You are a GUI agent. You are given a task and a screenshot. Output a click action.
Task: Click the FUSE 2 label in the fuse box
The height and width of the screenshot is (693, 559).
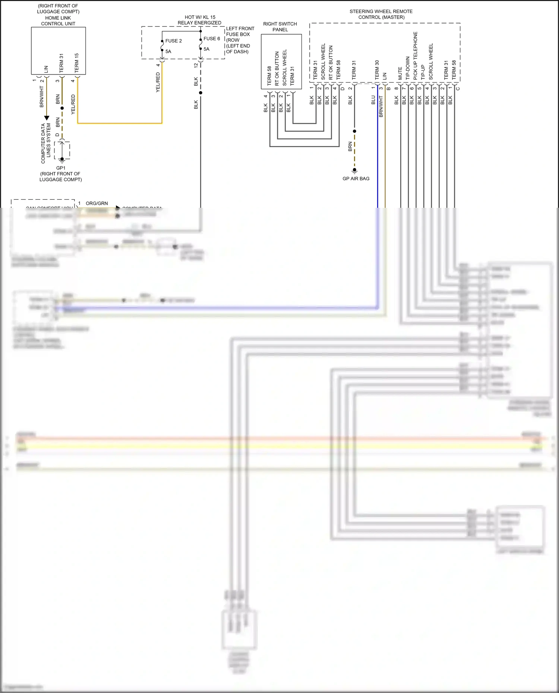pos(173,41)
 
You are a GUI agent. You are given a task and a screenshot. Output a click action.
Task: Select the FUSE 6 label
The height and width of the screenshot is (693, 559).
pos(212,39)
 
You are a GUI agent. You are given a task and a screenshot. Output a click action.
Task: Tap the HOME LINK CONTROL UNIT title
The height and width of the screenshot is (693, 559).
pos(58,21)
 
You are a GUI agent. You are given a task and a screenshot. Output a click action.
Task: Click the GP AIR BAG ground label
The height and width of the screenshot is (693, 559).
pos(356,179)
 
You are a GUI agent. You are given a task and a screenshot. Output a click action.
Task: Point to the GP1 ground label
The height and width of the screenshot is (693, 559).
pos(61,168)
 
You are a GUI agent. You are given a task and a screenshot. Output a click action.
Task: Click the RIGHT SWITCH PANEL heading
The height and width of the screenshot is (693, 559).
pos(280,27)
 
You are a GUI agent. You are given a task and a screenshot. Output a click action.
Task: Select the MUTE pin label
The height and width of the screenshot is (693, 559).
pos(400,73)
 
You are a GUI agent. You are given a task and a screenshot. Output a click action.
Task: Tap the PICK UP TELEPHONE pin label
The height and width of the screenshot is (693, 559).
pos(415,56)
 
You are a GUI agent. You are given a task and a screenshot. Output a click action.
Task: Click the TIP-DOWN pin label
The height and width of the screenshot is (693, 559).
pos(408,68)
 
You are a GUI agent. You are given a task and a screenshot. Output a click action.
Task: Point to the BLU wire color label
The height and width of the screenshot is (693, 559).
pos(373,100)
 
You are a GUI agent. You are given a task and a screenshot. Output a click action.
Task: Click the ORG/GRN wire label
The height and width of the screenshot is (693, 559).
pos(97,203)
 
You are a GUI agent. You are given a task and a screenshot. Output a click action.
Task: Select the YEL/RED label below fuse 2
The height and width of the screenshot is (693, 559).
pos(158,83)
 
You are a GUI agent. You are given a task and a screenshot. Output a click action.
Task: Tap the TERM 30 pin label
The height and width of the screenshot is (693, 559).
pos(377,70)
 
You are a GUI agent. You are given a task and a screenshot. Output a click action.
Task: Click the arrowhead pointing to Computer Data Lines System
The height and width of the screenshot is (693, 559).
pos(47,118)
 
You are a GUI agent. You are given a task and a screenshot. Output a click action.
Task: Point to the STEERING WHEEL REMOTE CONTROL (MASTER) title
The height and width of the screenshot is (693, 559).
pos(381,14)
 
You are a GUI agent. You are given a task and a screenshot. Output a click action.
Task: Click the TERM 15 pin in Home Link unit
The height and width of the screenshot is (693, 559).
pos(76,63)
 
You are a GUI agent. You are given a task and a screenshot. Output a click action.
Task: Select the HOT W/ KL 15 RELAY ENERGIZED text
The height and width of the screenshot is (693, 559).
pos(199,20)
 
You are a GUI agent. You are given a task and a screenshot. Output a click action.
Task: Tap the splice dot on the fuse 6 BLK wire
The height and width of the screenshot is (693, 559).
pos(200,93)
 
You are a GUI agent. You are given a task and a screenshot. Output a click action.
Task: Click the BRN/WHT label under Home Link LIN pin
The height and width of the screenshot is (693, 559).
pos(41,97)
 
